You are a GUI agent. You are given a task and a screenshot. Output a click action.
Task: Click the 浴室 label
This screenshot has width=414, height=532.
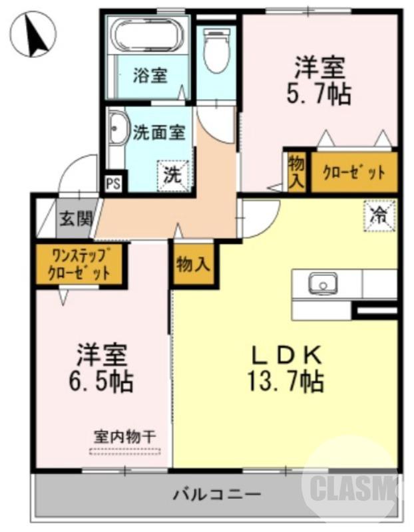[149, 75]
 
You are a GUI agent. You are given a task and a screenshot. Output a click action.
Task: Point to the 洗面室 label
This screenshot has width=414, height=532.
[158, 132]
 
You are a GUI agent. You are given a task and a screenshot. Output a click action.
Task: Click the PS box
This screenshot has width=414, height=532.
[112, 183]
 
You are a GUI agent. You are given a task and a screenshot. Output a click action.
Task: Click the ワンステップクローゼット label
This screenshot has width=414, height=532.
[79, 265]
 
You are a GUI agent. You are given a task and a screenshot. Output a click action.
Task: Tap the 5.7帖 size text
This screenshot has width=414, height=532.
[320, 94]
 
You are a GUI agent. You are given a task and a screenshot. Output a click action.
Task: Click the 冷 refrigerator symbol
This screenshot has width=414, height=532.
[379, 215]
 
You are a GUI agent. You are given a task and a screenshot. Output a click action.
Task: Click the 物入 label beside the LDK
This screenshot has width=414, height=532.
[193, 265]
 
